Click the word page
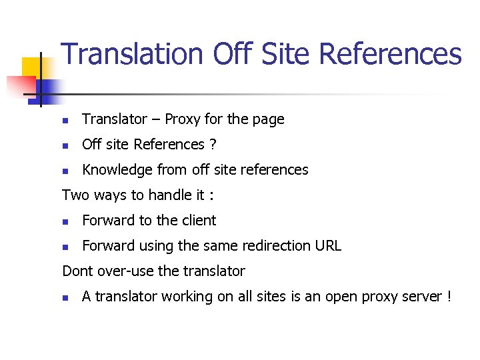pyautogui.click(x=269, y=120)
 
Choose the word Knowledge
pyautogui.click(x=117, y=170)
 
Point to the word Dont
pyautogui.click(x=77, y=271)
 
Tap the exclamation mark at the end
pyautogui.click(x=449, y=297)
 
